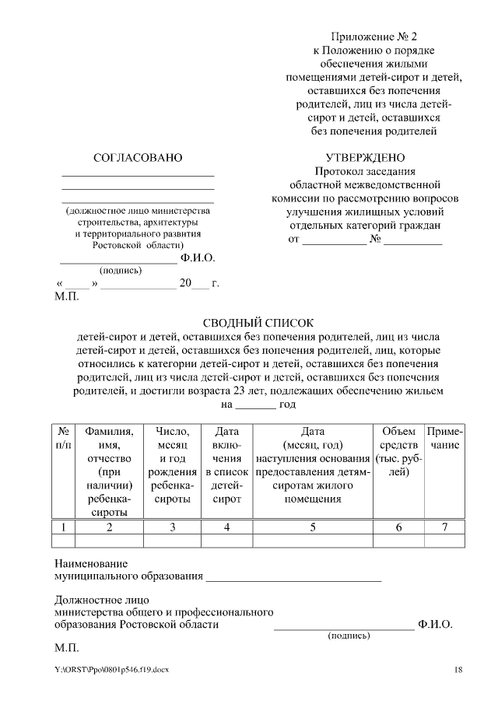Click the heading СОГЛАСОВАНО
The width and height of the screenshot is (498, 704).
tap(138, 158)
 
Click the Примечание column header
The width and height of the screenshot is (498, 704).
tap(444, 438)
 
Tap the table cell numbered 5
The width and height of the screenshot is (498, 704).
tap(313, 527)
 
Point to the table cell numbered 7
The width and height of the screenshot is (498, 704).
tap(444, 527)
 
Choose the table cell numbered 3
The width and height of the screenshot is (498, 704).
tap(172, 527)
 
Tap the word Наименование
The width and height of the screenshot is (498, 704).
tap(91, 563)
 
